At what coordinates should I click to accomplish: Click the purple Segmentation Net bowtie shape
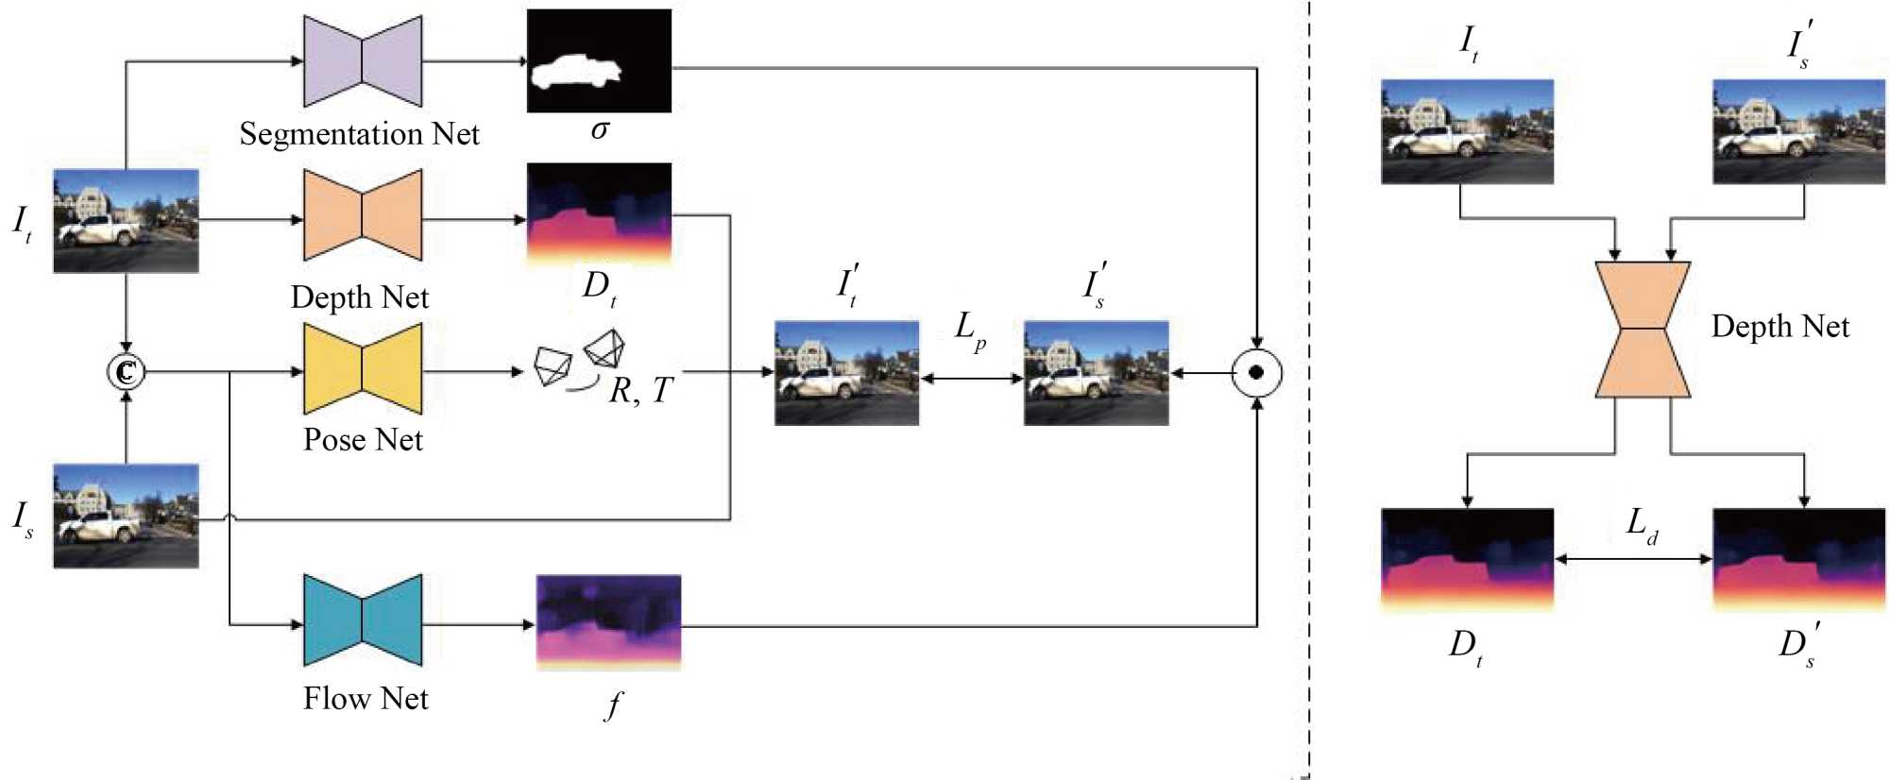point(363,61)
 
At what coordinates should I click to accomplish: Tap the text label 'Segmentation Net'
point(359,134)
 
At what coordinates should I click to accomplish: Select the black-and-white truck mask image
point(599,61)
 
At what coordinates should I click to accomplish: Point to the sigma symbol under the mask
point(600,129)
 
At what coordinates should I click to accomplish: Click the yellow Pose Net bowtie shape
point(363,369)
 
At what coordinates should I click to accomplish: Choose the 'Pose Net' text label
point(363,440)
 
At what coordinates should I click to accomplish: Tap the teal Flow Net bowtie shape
point(363,620)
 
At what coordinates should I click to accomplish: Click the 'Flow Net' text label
point(366,699)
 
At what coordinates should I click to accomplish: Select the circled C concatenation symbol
point(126,372)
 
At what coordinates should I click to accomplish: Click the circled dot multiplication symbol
point(1257,373)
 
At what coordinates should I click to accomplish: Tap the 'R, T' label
point(640,390)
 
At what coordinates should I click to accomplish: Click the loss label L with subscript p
point(970,330)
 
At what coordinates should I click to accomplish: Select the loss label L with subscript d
point(1642,524)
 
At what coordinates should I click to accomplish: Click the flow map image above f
point(608,622)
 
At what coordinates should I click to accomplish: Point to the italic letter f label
point(614,704)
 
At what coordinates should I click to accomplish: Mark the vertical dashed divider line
point(1309,378)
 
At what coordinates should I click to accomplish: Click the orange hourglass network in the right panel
point(1642,329)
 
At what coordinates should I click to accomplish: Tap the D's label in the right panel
point(1798,644)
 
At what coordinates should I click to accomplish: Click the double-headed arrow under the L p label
point(971,379)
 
